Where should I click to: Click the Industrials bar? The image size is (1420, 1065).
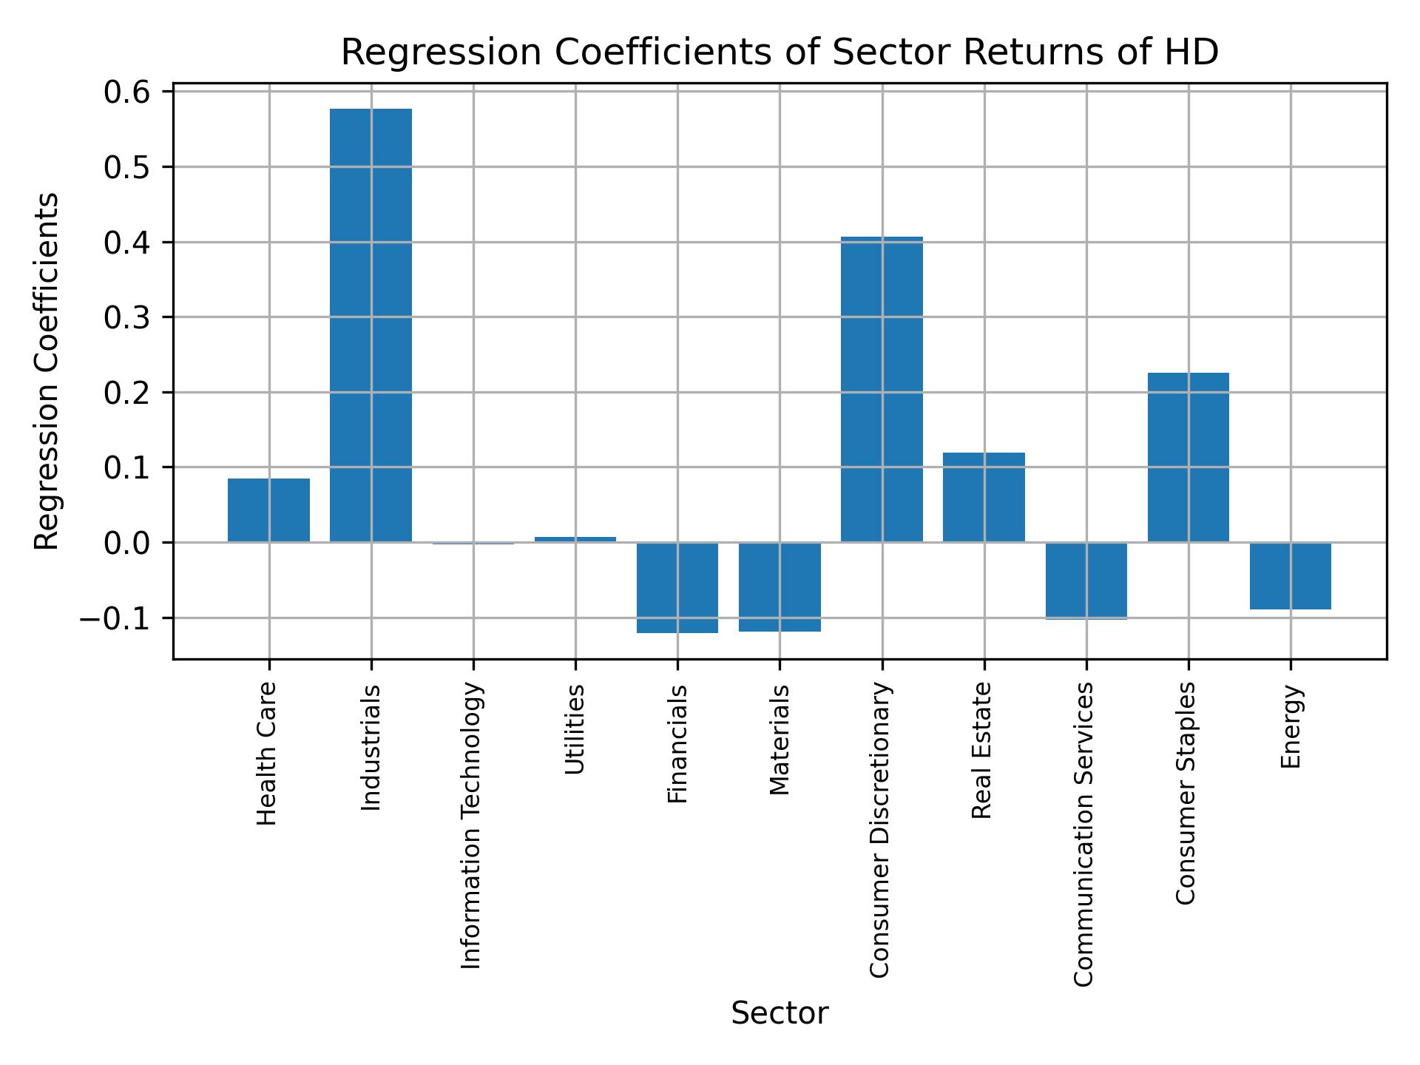[371, 325]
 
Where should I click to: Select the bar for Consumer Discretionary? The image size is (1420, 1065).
[882, 389]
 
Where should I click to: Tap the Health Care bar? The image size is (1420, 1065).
[268, 510]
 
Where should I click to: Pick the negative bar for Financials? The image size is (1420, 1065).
[677, 587]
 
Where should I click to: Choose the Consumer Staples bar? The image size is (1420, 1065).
[1188, 457]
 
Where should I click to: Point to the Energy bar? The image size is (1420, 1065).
[1290, 575]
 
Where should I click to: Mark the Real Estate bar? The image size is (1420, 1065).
[984, 497]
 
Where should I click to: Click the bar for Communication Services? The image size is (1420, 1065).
[1086, 580]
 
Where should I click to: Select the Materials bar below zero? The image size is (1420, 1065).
[780, 586]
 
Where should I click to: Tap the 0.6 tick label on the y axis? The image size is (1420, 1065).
[127, 92]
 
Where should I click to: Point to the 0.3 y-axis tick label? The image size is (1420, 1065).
[127, 318]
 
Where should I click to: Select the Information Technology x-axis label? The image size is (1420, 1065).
[472, 825]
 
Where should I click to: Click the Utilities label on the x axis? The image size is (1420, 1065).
[575, 729]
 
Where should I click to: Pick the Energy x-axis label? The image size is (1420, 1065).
[1291, 727]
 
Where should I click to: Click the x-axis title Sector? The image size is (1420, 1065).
[780, 1013]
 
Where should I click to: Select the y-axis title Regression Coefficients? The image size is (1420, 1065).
[47, 371]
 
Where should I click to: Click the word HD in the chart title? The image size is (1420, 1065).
[1194, 53]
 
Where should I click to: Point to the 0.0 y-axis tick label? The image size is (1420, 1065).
[127, 544]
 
